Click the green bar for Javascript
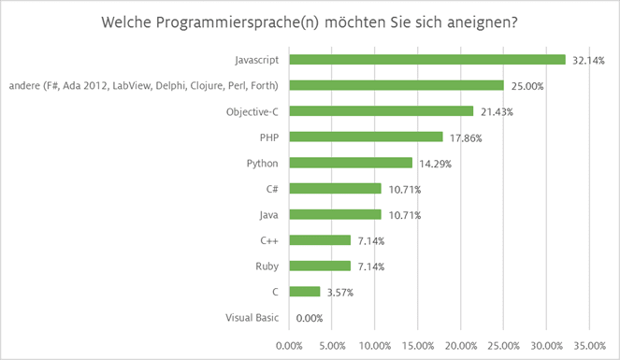pos(427,60)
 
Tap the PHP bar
pos(366,137)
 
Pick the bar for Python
pos(351,163)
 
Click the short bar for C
pos(305,292)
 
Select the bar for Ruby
pos(320,266)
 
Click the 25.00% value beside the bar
pos(526,86)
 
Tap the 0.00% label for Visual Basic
pos(309,318)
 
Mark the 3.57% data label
pos(339,292)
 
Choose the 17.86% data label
pos(465,137)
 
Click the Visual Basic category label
pos(252,317)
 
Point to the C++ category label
pos(270,240)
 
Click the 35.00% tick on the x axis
pos(589,344)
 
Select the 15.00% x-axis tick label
pos(418,344)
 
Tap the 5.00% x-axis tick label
pos(333,344)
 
